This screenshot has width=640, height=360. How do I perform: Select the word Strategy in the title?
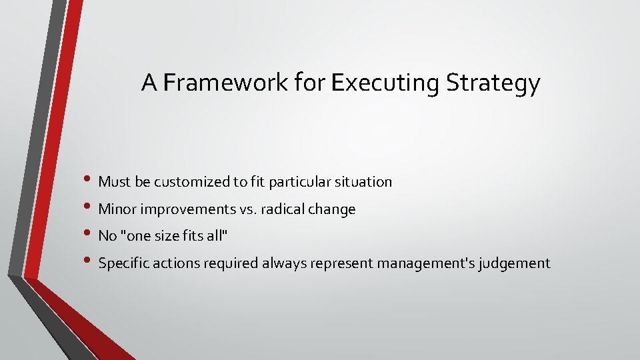[x=493, y=83]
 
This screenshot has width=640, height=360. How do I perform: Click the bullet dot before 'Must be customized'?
[x=91, y=181]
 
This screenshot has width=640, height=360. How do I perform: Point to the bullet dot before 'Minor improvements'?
[x=91, y=208]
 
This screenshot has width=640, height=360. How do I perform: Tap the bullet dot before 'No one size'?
[x=91, y=235]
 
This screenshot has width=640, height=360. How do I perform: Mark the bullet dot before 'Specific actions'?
[x=91, y=263]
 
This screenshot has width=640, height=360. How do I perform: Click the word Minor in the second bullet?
[x=116, y=209]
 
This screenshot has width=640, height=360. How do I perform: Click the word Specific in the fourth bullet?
[x=123, y=263]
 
